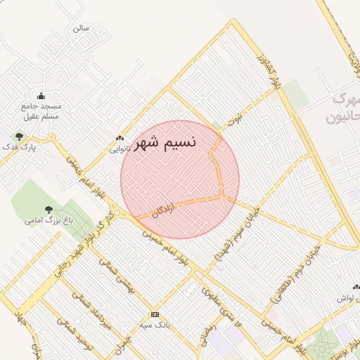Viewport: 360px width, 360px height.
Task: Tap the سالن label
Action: tap(80, 29)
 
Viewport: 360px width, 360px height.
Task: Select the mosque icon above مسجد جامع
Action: tap(41, 96)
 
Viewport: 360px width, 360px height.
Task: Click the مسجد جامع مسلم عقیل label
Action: tap(41, 111)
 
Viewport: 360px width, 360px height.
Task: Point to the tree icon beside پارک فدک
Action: tap(19, 136)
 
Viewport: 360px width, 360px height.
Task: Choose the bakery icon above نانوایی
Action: tap(120, 139)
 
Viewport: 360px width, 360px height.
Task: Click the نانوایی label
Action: tap(120, 148)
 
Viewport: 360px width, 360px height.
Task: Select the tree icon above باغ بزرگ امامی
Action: tap(48, 210)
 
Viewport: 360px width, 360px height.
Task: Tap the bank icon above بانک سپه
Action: tap(155, 314)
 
